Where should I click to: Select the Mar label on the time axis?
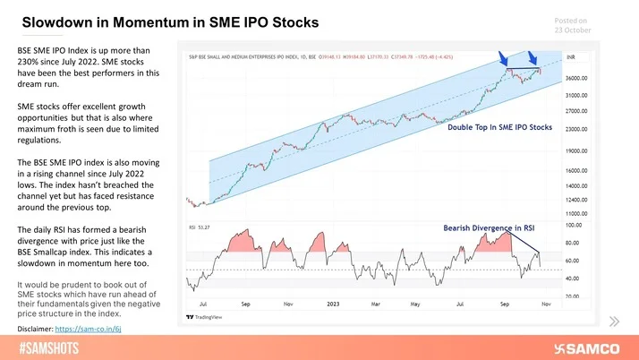pos(376,305)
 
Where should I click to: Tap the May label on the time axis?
pos(415,305)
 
